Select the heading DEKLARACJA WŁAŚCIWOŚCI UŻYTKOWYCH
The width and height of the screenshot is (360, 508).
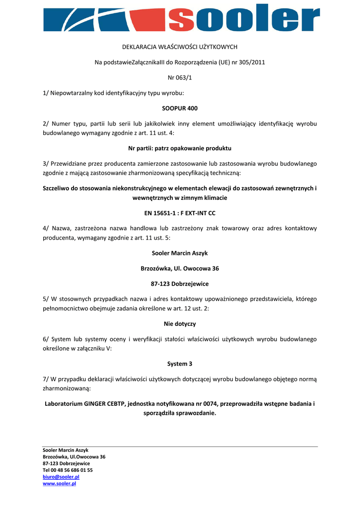[x=180, y=47]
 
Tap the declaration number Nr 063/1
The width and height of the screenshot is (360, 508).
[x=180, y=77]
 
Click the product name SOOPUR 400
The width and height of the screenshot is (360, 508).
[x=180, y=108]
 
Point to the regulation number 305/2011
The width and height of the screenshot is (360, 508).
[x=252, y=63]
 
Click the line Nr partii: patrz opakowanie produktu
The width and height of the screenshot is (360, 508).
[x=180, y=148]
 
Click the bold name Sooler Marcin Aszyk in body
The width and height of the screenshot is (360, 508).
[x=180, y=253]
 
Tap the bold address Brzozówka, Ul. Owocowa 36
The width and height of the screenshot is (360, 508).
[x=180, y=268]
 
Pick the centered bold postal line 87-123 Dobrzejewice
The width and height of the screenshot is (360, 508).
[x=180, y=284]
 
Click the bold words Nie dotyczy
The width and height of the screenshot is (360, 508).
[x=180, y=324]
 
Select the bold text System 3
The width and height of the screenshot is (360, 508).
[x=180, y=364]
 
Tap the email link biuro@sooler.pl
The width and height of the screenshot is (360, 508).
[x=61, y=477]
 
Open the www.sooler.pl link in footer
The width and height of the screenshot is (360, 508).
[x=59, y=484]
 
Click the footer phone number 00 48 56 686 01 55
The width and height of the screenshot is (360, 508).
[x=72, y=470]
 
